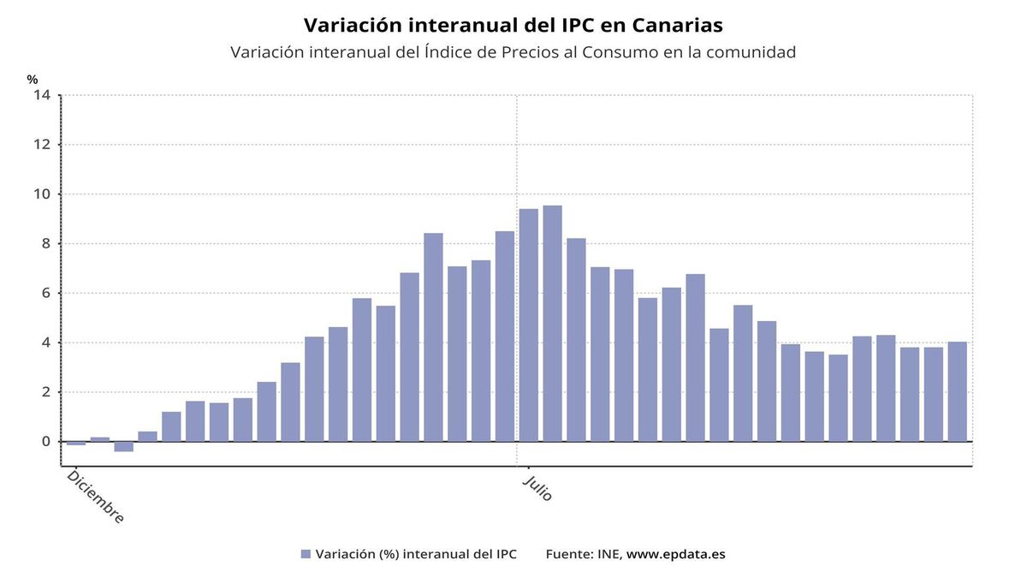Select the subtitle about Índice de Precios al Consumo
(513, 52)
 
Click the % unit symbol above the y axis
(33, 80)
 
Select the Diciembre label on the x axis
(95, 497)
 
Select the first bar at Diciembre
(76, 444)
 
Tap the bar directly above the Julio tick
(528, 325)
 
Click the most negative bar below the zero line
(124, 446)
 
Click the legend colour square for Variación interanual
(306, 554)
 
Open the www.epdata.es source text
(675, 554)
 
